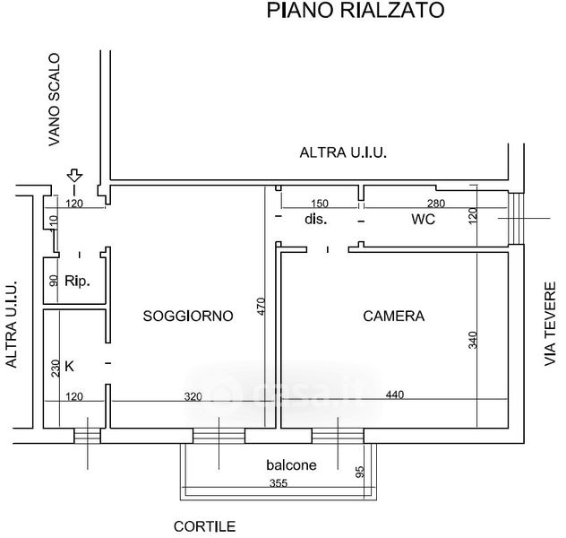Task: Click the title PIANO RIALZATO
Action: [356, 12]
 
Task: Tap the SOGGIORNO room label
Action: [188, 316]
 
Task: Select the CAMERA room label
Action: [393, 316]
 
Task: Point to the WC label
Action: [424, 220]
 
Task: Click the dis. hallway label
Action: [314, 220]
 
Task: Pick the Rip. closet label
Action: [77, 280]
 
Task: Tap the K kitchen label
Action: [70, 367]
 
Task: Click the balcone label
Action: [291, 465]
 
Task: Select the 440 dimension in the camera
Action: [395, 395]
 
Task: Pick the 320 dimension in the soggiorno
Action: [193, 395]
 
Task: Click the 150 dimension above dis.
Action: [318, 203]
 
